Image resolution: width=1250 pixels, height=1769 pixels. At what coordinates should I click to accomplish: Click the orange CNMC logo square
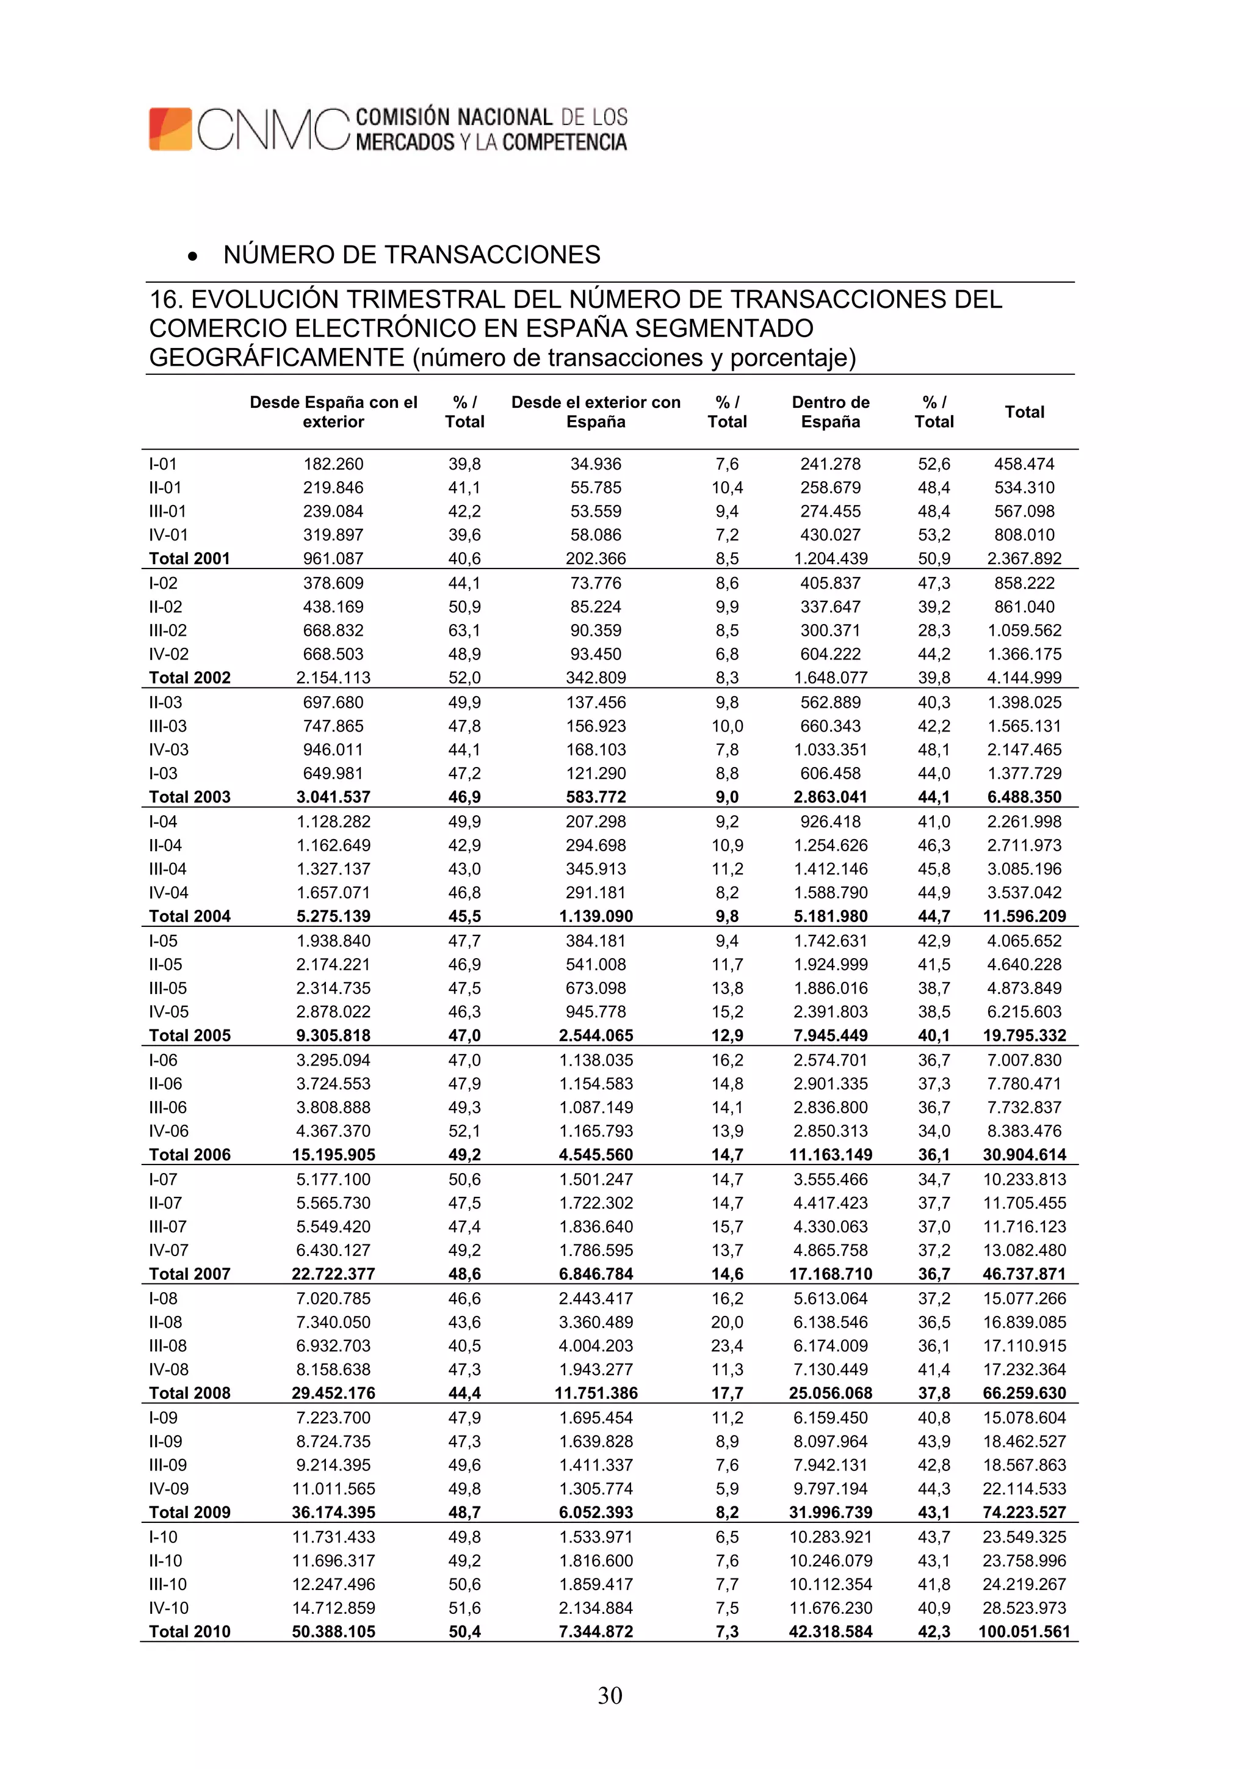(x=170, y=129)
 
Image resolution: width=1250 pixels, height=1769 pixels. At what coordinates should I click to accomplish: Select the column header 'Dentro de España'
(x=830, y=412)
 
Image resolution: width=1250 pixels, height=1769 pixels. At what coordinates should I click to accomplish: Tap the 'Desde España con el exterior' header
(x=333, y=412)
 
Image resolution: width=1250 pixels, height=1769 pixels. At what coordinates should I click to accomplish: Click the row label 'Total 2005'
(x=189, y=1035)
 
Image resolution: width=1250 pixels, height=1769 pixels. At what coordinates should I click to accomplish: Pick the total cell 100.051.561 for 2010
(x=1024, y=1631)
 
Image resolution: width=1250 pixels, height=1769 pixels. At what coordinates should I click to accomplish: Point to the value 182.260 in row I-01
(x=333, y=464)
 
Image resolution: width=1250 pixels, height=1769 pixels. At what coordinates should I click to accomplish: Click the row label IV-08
(x=168, y=1369)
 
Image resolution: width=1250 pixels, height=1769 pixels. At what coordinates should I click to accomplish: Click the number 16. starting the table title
(x=165, y=299)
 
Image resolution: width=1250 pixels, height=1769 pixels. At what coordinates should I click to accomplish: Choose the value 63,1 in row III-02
(x=464, y=630)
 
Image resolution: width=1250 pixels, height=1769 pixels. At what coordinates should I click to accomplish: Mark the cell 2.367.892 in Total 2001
(x=1024, y=558)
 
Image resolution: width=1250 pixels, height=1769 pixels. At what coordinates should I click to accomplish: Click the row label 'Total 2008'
(x=189, y=1392)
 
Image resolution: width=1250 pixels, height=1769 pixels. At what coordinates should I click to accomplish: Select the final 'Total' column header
(x=1024, y=412)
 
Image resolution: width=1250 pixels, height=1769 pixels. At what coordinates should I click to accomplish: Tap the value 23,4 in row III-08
(x=726, y=1345)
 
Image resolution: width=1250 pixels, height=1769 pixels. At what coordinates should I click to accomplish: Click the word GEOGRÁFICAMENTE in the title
(x=276, y=357)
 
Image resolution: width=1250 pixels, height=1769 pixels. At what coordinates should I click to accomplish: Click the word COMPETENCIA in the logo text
(x=564, y=142)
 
